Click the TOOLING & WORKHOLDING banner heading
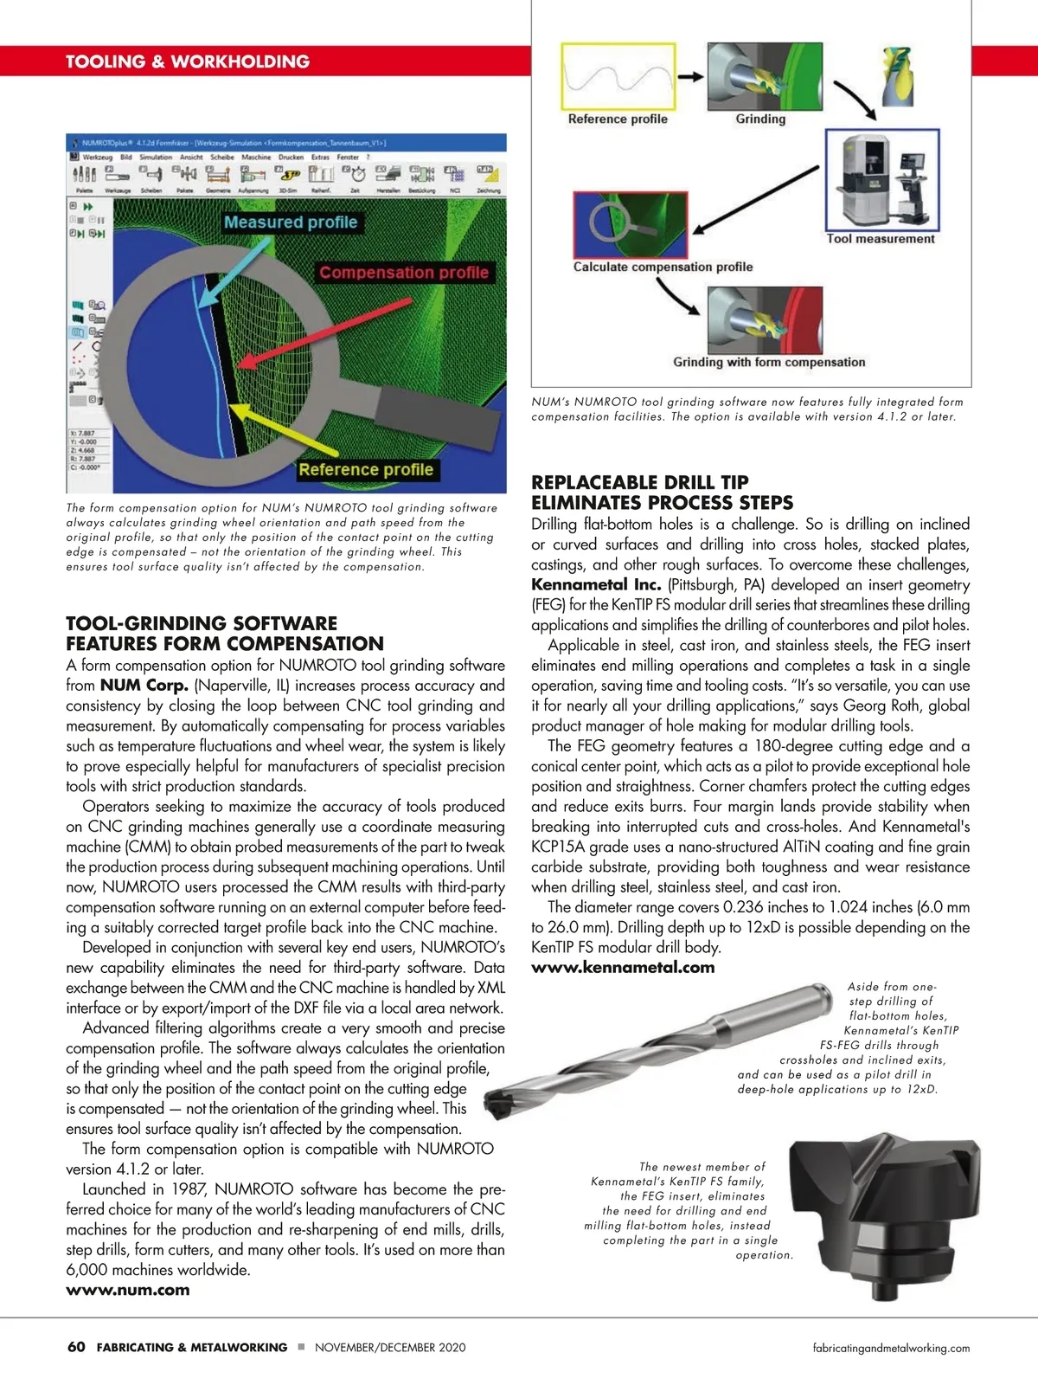click(x=188, y=61)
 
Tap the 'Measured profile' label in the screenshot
click(x=291, y=222)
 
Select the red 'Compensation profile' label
click(x=404, y=273)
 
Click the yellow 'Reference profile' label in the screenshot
click(x=366, y=470)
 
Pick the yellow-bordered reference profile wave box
click(x=618, y=76)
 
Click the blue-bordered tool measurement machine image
click(x=881, y=180)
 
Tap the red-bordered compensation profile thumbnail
click(x=630, y=224)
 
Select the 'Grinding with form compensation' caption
click(x=769, y=363)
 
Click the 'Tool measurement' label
click(x=881, y=239)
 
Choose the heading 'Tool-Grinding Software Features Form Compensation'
click(x=225, y=634)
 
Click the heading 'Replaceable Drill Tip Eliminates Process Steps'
click(x=662, y=493)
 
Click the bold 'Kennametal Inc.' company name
click(x=596, y=584)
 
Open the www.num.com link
click(x=128, y=1290)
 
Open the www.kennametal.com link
click(x=623, y=968)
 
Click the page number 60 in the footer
click(x=76, y=1347)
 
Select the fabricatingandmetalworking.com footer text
click(x=891, y=1348)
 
